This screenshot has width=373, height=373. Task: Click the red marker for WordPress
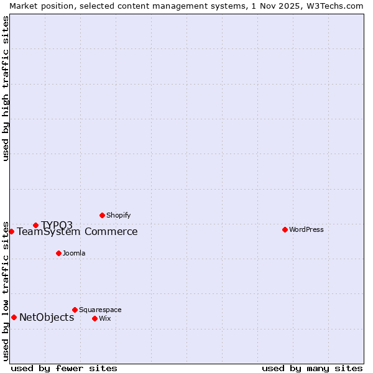point(285,229)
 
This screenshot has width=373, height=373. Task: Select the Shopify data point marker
point(102,215)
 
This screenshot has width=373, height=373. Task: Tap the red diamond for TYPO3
point(35,225)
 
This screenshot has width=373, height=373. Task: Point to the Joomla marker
point(58,253)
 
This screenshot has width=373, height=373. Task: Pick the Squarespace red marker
point(75,310)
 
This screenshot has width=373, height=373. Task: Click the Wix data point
point(94,318)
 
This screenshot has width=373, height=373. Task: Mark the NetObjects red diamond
point(14,317)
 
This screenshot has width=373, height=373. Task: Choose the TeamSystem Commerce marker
point(11,231)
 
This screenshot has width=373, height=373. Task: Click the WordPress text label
point(306,229)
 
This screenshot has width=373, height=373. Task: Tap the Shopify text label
point(118,215)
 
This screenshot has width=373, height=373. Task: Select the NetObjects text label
point(47,318)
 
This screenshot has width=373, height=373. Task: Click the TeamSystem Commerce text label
point(77,232)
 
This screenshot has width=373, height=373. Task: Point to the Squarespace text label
point(100,310)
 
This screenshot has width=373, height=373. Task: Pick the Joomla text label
point(74,253)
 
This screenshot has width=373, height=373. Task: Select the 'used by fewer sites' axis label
point(64,368)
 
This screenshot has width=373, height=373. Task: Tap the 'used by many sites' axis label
point(312,368)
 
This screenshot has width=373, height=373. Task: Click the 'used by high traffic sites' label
point(6,89)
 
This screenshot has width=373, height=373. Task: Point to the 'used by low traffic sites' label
point(6,290)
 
